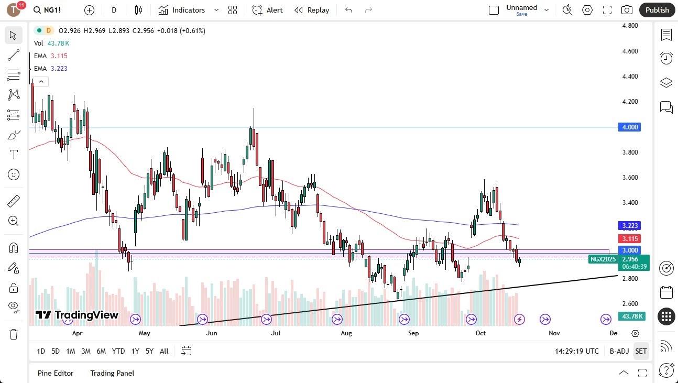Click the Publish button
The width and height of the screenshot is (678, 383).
[657, 10]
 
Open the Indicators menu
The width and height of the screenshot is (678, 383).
[182, 10]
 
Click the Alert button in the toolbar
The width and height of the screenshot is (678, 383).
[267, 10]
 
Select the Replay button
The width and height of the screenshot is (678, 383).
[312, 10]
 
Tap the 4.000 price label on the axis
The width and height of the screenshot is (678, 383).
[629, 127]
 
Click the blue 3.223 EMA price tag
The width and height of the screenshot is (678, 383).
[629, 226]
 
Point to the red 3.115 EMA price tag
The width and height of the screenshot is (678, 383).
[629, 238]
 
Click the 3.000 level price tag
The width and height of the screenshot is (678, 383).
[629, 250]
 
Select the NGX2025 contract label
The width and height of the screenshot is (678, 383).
[603, 259]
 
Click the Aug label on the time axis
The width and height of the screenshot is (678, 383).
[346, 333]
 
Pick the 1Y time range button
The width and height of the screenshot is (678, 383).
[135, 351]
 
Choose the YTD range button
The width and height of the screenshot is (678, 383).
[118, 351]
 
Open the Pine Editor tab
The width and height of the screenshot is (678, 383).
[56, 373]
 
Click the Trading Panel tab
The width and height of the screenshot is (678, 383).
[112, 373]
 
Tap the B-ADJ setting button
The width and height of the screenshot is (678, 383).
[619, 351]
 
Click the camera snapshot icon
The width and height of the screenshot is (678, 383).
[626, 10]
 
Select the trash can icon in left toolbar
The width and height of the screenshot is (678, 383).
[14, 334]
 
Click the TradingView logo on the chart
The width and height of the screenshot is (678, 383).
[77, 315]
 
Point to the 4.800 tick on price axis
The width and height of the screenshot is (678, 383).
[629, 26]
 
